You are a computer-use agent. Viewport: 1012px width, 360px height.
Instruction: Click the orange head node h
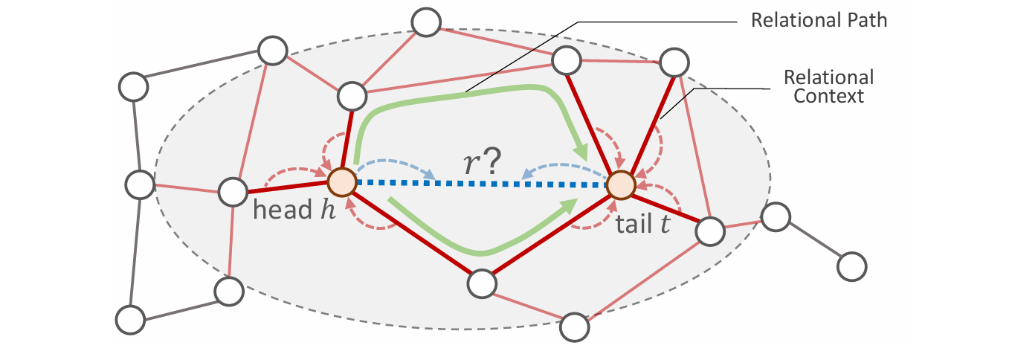tap(342, 182)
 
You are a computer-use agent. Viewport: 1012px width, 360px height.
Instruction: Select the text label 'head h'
tap(294, 210)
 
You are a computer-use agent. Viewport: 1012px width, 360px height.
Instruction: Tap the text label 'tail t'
tap(642, 224)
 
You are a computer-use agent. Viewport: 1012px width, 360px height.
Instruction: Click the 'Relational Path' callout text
tap(819, 19)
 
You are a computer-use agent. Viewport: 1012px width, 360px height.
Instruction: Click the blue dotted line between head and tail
tap(483, 183)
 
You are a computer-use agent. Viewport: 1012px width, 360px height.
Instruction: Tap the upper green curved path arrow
tap(461, 93)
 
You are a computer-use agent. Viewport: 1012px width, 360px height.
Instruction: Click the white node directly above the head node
tap(351, 95)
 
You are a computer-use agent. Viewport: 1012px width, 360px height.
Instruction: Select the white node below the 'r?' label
tap(482, 282)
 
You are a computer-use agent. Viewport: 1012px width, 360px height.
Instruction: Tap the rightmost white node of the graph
tap(852, 266)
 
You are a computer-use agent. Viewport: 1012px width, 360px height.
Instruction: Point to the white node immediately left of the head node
tap(232, 192)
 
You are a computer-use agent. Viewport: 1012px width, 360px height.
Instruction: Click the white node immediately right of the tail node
tap(709, 231)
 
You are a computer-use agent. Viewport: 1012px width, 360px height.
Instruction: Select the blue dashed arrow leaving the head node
tap(394, 164)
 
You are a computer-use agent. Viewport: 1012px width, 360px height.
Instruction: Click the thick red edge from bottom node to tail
tap(551, 234)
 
